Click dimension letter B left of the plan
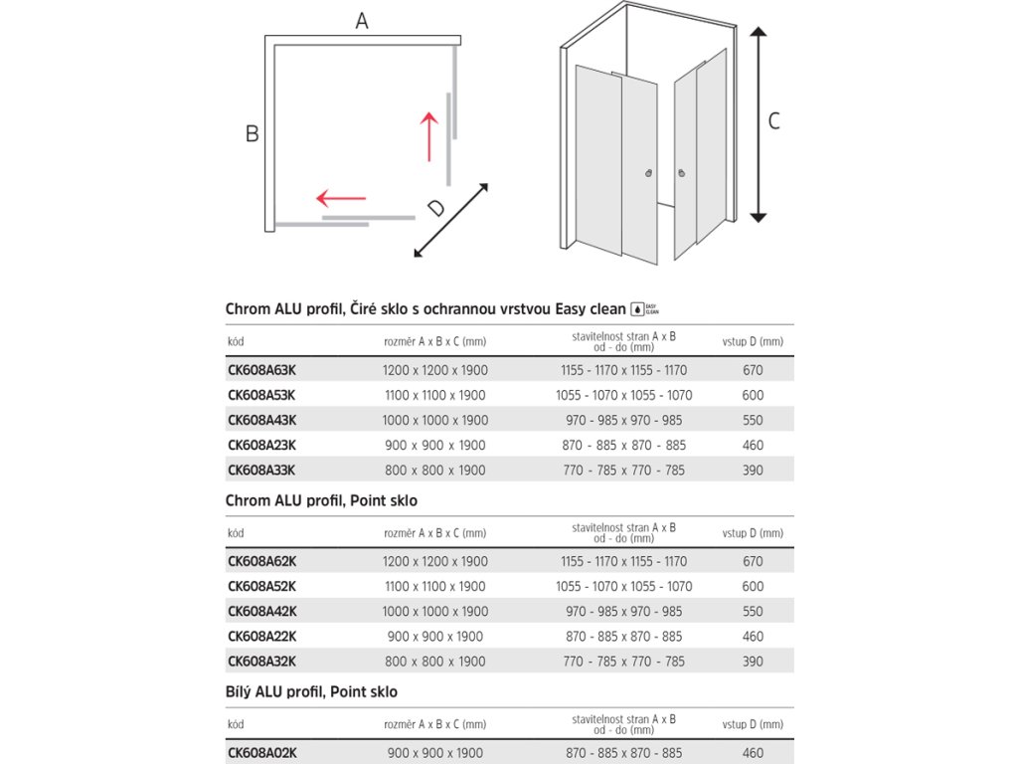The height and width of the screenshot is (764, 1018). [253, 133]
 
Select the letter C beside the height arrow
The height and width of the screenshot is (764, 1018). [774, 121]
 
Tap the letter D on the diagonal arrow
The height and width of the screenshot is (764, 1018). [435, 208]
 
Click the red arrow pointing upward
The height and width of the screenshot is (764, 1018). [428, 136]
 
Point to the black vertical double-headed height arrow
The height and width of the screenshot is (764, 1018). [758, 125]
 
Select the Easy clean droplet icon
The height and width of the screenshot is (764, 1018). [638, 308]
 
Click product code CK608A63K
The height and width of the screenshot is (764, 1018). [261, 370]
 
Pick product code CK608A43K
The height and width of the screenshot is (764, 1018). [261, 420]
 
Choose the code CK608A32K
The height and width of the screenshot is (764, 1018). [261, 662]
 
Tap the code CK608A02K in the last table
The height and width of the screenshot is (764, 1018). [261, 753]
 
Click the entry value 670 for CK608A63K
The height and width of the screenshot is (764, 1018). [753, 370]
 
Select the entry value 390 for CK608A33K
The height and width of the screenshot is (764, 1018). [753, 470]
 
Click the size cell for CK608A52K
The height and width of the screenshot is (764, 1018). [435, 587]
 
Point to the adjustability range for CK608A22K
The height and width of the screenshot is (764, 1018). [624, 637]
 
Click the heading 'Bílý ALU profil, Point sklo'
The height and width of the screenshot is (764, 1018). [311, 691]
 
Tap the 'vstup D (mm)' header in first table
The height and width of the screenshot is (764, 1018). [753, 341]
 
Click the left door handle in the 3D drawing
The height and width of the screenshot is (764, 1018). [649, 172]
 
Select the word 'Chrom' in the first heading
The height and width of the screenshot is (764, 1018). [248, 309]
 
